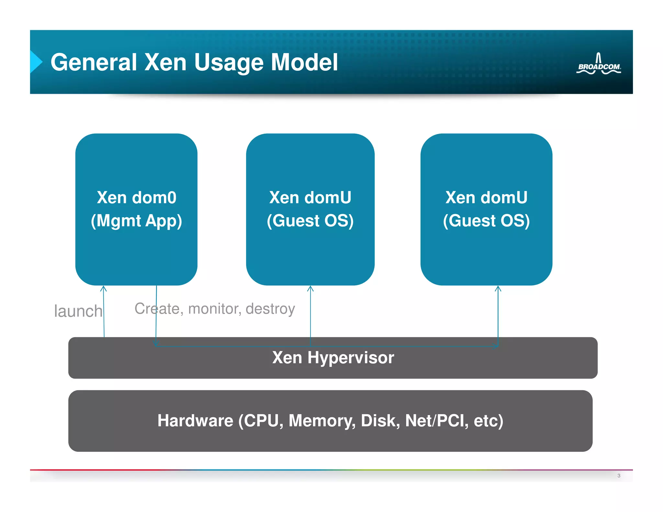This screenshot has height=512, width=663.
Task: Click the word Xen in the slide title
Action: tap(165, 62)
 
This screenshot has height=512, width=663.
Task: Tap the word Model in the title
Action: tap(304, 62)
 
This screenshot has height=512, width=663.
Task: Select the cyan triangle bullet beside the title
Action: tap(36, 61)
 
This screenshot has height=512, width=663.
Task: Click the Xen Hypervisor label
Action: tap(333, 358)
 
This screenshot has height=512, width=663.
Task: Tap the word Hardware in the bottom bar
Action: tap(195, 421)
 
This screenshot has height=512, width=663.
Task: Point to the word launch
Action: tap(78, 311)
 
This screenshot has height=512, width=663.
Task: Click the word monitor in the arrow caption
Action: tap(215, 309)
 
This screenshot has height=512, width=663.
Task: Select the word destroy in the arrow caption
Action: tap(270, 309)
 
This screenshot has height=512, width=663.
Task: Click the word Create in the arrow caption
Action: tap(157, 309)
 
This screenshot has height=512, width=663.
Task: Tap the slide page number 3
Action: tap(619, 475)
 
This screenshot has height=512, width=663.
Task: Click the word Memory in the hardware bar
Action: tap(322, 421)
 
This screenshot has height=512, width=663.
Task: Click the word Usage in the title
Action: tap(229, 62)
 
